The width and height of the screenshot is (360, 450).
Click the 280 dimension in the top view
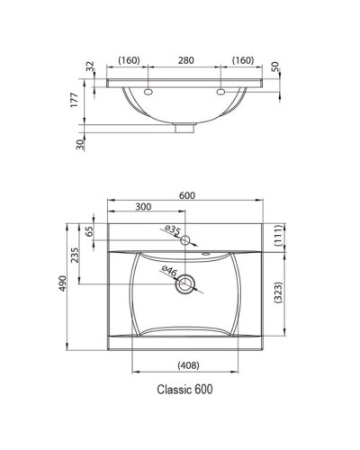[x=185, y=60]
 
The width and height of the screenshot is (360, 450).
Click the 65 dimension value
[x=90, y=231]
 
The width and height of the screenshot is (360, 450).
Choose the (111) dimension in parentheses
[x=281, y=236]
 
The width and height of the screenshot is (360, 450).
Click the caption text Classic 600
[x=184, y=390]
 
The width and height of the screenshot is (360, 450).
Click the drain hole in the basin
[x=186, y=286]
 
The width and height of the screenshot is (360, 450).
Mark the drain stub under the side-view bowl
[x=186, y=127]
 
